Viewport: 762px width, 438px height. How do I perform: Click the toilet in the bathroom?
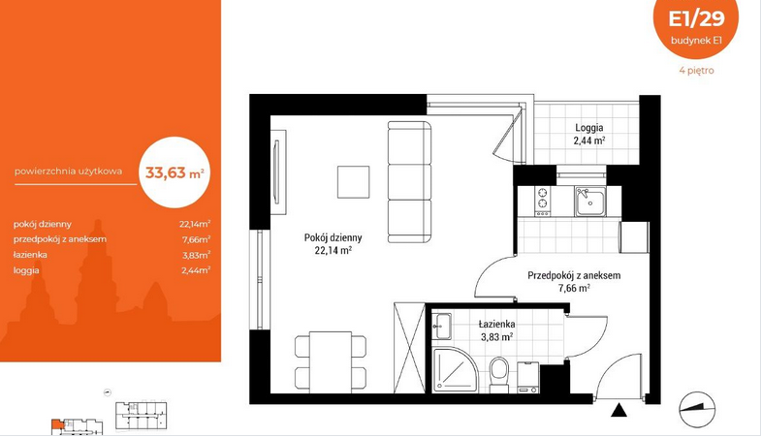498,375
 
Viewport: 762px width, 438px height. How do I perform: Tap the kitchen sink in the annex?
590,202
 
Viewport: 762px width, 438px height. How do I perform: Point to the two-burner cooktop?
542,202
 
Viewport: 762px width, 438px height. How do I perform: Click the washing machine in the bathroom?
528,377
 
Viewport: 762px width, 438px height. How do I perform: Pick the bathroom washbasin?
442,326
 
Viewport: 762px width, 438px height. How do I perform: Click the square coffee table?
353,182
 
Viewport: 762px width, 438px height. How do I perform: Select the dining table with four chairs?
331,361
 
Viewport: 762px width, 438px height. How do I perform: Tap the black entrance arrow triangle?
619,411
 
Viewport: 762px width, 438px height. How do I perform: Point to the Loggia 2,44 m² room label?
589,134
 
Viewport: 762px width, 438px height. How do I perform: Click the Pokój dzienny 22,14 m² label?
333,244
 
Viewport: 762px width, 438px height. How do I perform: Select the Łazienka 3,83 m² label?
496,330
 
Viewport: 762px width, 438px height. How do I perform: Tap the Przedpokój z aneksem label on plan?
574,276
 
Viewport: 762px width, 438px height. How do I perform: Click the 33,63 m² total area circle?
175,172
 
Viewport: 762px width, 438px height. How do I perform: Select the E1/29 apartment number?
696,18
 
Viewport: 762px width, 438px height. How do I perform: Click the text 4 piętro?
696,71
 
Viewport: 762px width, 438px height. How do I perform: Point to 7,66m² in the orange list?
196,239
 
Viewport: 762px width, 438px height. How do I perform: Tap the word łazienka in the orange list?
30,255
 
